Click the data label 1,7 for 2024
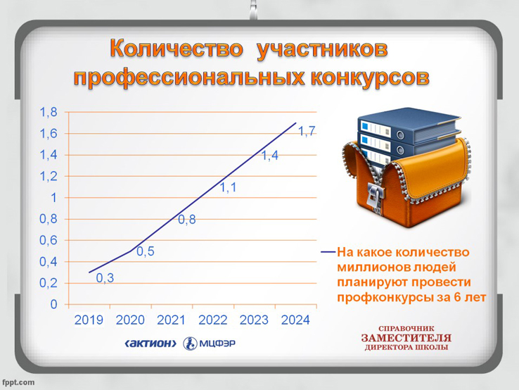[307, 132]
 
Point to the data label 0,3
[105, 278]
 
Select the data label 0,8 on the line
[187, 220]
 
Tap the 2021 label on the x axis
[171, 320]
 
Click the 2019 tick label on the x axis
[89, 320]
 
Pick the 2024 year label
[295, 320]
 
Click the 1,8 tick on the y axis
[49, 113]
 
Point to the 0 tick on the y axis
[53, 304]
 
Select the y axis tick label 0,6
[49, 241]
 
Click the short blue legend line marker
[328, 252]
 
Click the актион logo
[150, 344]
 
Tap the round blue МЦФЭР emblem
[190, 344]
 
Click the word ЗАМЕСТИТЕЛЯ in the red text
[406, 338]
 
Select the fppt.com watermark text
[18, 382]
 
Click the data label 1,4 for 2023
[270, 156]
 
